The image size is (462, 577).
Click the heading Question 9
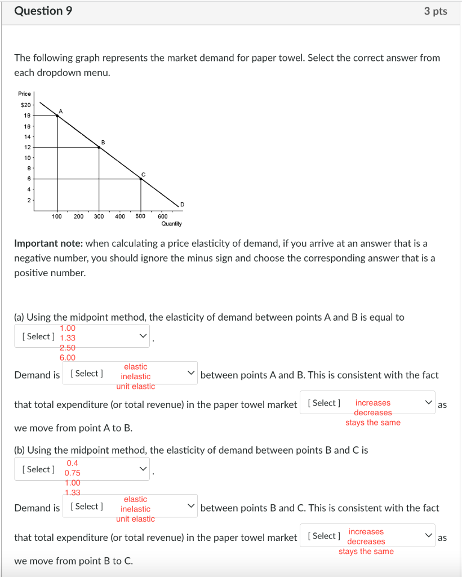43,11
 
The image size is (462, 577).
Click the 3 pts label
436,11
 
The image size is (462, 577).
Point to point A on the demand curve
57,116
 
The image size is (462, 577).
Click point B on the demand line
99,147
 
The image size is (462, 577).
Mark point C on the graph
141,179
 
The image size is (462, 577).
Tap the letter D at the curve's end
181,203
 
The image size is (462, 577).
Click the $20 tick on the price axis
26,105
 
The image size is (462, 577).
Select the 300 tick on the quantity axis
99,216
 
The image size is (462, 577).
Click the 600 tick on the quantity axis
162,216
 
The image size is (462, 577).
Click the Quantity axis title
171,224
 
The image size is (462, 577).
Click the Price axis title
25,94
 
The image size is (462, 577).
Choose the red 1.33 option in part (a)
68,338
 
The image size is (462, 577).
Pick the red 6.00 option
68,357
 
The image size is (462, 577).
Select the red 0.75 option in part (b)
73,473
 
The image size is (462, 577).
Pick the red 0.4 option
73,463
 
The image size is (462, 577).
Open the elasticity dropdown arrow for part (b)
143,469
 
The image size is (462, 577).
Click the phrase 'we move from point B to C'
73,561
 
